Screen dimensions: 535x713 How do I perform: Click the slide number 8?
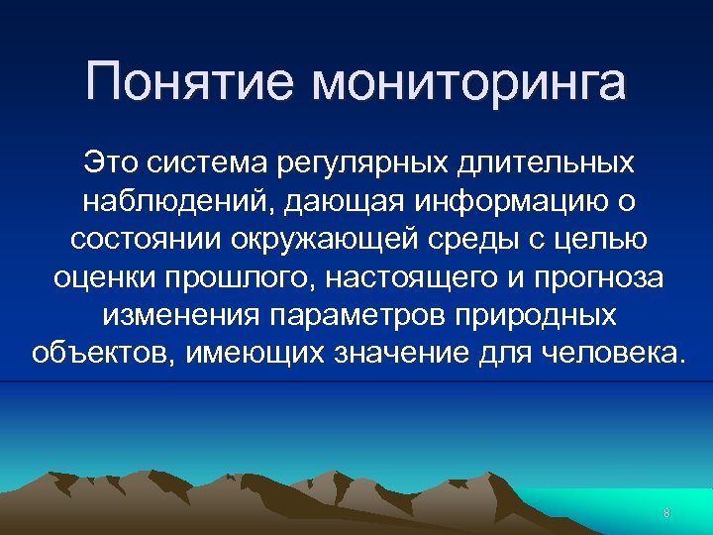(666, 513)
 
